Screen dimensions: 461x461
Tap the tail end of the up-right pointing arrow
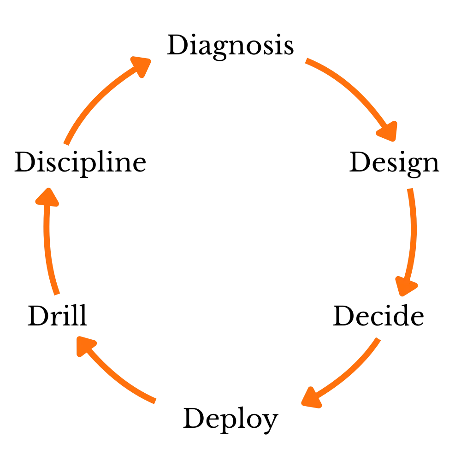66,144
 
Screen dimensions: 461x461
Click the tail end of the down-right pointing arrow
306,61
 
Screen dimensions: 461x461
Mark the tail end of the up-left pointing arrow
156,402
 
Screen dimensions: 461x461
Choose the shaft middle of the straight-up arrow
48,244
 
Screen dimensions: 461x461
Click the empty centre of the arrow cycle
230,230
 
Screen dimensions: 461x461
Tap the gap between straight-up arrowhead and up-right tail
54,166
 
